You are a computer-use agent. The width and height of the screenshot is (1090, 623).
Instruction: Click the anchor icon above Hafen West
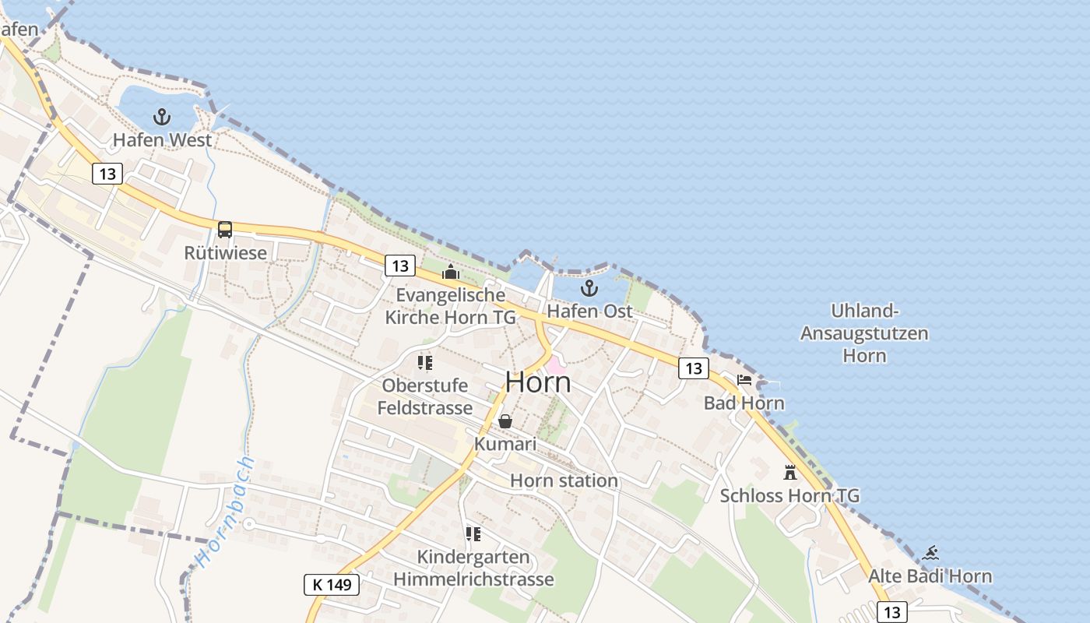point(162,118)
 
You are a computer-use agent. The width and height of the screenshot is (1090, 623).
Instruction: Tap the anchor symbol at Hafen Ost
point(590,289)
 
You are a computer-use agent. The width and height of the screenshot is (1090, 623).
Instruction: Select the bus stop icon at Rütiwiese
point(225,230)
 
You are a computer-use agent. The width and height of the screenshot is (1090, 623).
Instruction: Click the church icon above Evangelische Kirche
point(451,272)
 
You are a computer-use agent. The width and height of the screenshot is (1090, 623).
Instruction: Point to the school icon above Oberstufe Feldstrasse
point(425,363)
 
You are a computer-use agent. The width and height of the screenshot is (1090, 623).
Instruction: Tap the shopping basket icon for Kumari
point(505,421)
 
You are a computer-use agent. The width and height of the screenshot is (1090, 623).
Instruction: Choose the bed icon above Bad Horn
point(744,381)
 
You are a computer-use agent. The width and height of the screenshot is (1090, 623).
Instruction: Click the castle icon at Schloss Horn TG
point(790,473)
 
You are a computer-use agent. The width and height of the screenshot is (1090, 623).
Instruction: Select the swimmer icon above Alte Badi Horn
point(930,554)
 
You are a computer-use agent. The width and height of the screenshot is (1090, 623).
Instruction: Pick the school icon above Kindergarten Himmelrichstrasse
point(473,534)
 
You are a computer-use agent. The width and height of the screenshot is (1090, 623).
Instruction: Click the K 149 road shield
point(331,584)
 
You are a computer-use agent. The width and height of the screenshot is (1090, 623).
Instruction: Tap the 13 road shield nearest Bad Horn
point(693,368)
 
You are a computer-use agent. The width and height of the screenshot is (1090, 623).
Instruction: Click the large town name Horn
point(538,382)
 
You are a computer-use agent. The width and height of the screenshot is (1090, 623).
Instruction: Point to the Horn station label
point(564,480)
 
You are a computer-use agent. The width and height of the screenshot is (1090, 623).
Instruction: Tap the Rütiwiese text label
point(225,253)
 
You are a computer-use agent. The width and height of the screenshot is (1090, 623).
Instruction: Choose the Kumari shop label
point(505,444)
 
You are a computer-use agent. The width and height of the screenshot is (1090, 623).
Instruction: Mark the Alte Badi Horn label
point(930,576)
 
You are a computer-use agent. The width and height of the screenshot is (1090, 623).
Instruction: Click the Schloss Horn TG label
point(789,495)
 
